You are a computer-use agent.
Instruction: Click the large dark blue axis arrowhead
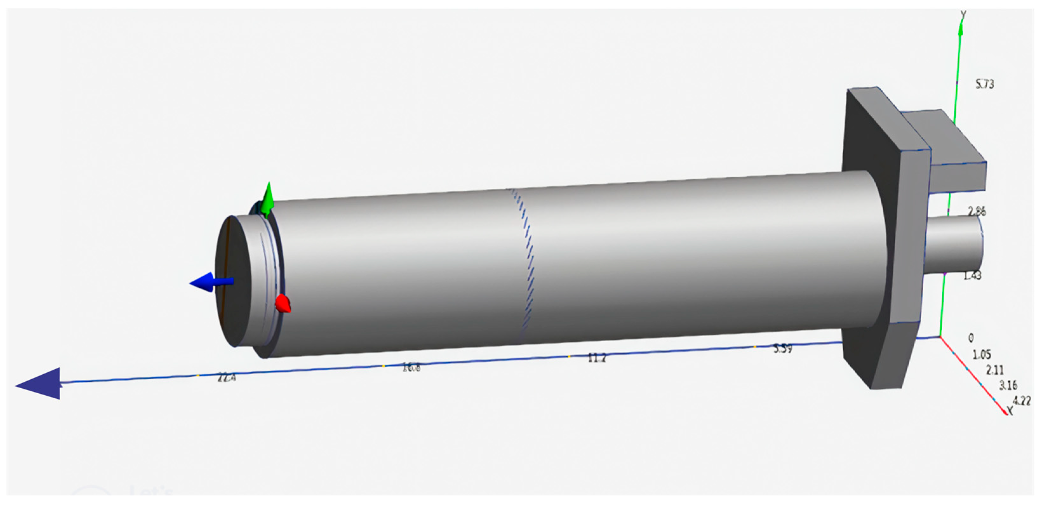(40, 384)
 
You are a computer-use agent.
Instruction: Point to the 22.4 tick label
(226, 378)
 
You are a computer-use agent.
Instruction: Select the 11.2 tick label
(597, 357)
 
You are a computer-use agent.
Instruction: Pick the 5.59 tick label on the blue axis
(783, 349)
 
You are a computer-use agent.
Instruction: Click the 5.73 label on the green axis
(985, 84)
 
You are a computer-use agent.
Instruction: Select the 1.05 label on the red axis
(982, 355)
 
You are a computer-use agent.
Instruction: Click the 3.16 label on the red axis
(1008, 385)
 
